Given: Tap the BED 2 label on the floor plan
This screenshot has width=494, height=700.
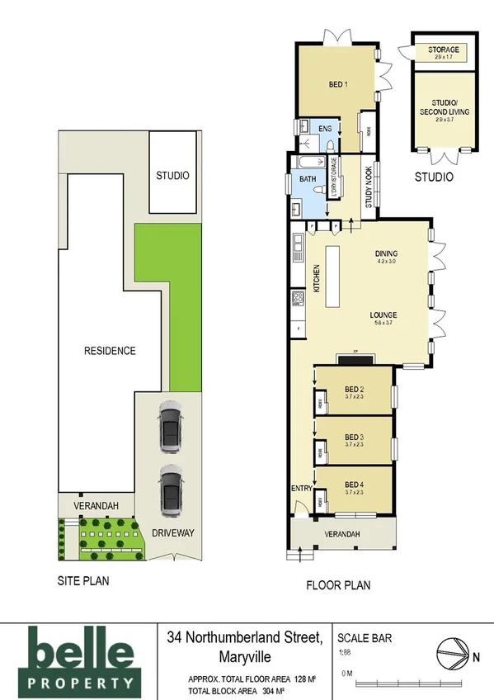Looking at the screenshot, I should tap(355, 390).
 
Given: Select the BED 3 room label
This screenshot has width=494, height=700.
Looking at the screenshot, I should tap(355, 437).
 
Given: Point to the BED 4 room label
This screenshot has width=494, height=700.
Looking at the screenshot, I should tap(355, 484).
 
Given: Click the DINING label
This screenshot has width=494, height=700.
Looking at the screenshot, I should tap(387, 254).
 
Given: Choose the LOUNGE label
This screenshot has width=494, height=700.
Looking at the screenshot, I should tap(384, 315).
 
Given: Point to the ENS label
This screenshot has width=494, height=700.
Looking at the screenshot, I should tap(325, 129).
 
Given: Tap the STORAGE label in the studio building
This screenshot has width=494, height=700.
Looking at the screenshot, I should tap(444, 50).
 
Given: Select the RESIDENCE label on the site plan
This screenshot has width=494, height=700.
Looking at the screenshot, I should tap(110, 350).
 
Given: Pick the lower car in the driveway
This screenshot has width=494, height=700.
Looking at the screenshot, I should tap(171, 490).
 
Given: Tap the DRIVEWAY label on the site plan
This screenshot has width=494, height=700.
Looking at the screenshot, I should tap(172, 533).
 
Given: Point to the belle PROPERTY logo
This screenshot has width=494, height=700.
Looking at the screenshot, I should tap(80, 658).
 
